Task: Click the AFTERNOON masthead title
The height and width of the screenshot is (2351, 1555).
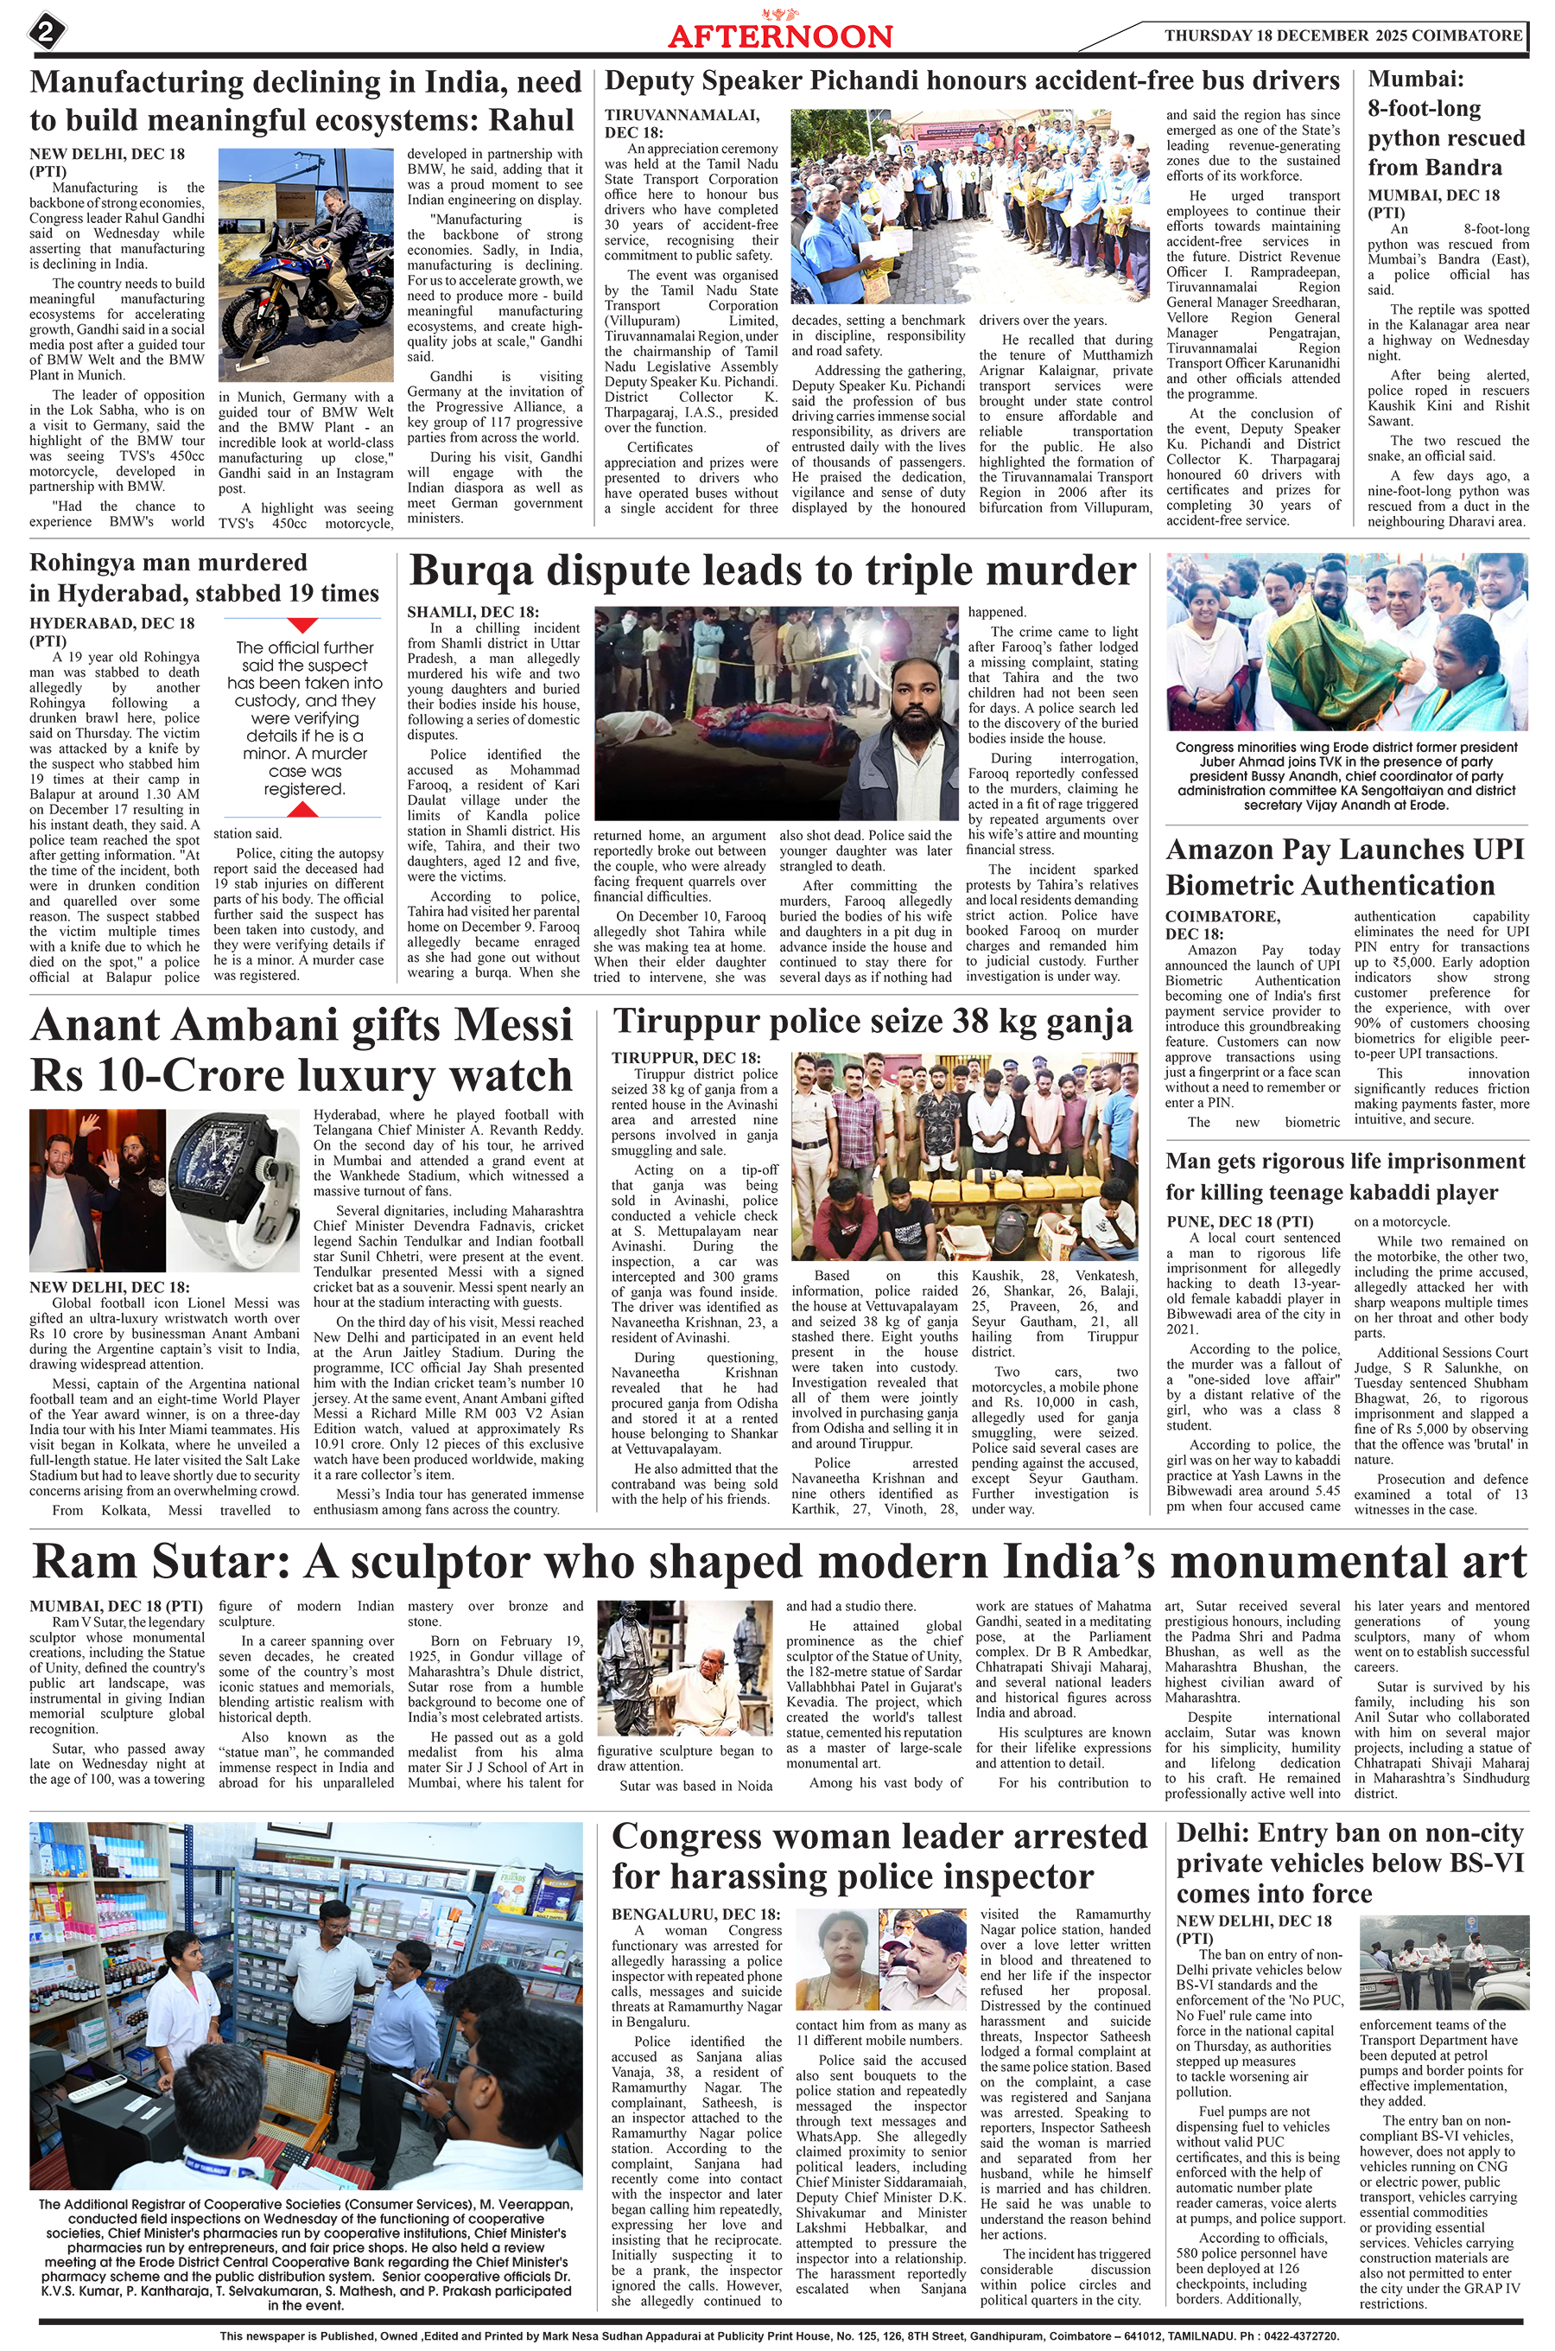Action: click(x=779, y=36)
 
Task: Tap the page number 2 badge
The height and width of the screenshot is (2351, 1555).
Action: click(x=46, y=32)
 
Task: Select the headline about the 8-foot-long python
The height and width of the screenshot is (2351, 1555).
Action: click(x=1446, y=123)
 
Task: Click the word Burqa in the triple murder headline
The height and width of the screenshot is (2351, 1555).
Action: click(x=478, y=571)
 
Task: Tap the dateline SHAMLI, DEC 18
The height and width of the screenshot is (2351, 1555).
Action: click(x=473, y=612)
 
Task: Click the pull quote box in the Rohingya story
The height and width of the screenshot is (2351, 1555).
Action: click(x=304, y=718)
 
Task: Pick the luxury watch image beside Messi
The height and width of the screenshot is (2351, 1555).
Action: click(x=233, y=1190)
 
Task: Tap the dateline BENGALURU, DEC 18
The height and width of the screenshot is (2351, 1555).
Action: click(x=695, y=1914)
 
